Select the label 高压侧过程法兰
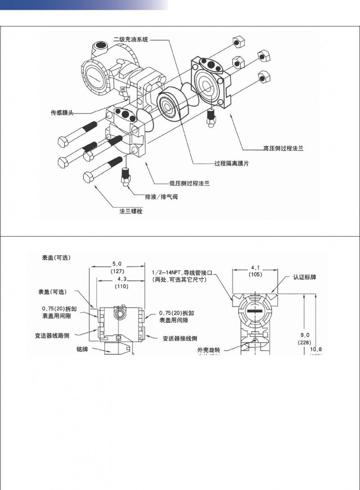click(x=283, y=148)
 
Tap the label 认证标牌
click(x=304, y=277)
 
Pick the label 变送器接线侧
click(x=180, y=339)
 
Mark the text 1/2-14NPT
click(x=167, y=272)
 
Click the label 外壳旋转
click(x=208, y=349)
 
